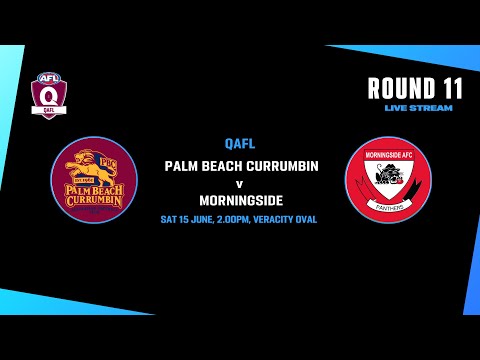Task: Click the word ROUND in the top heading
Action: click(400, 88)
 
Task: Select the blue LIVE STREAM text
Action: click(418, 108)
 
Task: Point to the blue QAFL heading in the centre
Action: click(240, 144)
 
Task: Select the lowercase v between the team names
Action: click(240, 184)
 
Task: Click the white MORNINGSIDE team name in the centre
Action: click(240, 201)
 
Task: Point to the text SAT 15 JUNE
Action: click(192, 219)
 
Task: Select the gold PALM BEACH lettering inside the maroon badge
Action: click(93, 187)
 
